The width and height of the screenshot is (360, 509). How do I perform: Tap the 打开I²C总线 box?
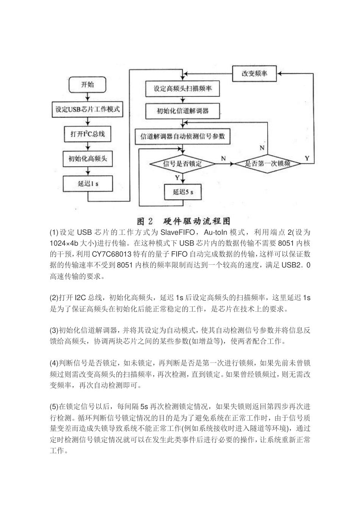click(88, 134)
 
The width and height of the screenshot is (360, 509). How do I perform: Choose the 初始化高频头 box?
click(88, 159)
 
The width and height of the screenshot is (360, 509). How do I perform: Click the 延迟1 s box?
click(88, 183)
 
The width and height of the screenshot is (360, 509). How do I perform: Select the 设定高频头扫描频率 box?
click(183, 89)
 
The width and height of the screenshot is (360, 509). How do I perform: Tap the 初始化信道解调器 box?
click(183, 111)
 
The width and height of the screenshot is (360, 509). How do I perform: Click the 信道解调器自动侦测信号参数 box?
click(183, 136)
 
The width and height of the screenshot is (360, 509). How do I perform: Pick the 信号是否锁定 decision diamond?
click(183, 164)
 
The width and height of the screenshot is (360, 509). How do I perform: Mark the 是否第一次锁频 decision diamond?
click(268, 164)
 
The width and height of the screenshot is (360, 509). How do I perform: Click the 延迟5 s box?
click(183, 192)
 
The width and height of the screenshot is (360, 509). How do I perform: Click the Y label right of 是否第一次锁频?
click(307, 158)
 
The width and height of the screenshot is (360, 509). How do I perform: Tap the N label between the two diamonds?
click(224, 158)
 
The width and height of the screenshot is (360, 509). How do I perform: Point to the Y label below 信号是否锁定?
click(177, 178)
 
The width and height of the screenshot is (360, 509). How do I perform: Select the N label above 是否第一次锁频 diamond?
click(262, 148)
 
